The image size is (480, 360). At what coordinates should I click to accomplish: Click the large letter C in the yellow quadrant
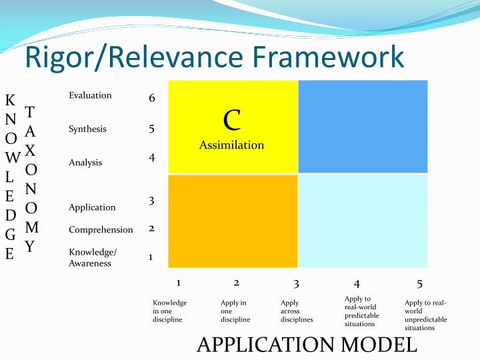coord(232,120)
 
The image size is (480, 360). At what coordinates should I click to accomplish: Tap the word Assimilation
coord(231,145)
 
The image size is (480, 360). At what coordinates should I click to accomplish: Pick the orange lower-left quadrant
coord(233,221)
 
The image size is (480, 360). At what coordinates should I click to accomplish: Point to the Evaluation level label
coord(90,95)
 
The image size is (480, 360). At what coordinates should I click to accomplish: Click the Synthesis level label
coord(87,129)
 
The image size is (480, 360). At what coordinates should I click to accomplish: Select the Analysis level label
coord(85,162)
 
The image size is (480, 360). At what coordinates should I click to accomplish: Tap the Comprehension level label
coord(101,229)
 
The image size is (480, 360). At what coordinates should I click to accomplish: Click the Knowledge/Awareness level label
coord(93,257)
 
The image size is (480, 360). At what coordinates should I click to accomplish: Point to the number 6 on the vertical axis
coord(152,98)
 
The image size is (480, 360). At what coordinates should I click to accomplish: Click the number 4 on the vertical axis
coord(152,158)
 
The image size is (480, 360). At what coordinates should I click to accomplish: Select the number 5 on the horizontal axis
coord(419,283)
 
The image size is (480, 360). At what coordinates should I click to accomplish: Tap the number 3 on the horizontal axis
coord(296,283)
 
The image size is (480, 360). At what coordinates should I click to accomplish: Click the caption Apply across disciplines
coord(297,311)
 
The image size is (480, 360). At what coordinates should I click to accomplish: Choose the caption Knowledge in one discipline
coord(169,311)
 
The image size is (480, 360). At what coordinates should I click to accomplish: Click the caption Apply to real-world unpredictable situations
coord(425,315)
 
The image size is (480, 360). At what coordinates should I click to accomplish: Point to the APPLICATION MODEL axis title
coord(307,344)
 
